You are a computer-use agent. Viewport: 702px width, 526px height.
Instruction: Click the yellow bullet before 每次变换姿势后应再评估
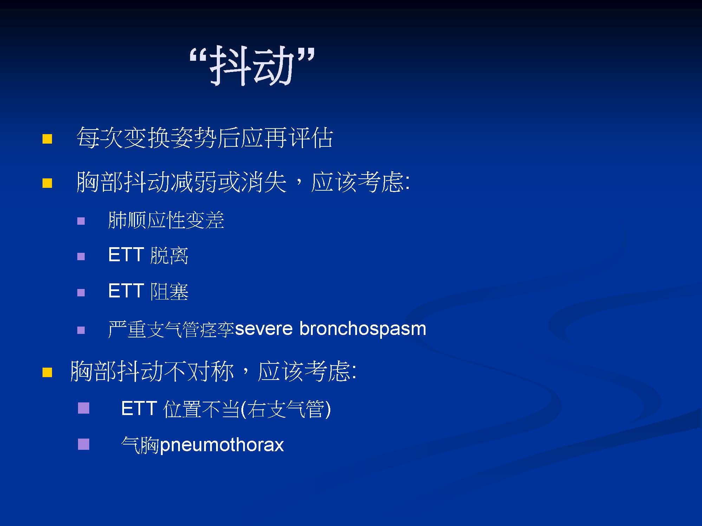(x=47, y=139)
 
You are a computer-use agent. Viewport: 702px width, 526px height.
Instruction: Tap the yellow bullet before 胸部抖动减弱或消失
(x=47, y=183)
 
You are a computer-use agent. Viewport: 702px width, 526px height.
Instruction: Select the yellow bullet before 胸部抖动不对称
(x=47, y=372)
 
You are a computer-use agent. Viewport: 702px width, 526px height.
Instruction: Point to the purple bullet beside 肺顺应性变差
(x=81, y=221)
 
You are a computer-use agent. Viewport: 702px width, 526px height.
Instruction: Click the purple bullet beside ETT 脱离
(x=81, y=256)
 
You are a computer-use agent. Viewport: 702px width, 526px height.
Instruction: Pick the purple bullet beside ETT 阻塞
(x=81, y=292)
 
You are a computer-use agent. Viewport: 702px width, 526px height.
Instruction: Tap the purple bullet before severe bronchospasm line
(x=81, y=330)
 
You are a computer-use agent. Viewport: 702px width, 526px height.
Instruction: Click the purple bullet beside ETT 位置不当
(x=84, y=408)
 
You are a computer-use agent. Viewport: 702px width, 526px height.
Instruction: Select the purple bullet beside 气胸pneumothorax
(x=84, y=444)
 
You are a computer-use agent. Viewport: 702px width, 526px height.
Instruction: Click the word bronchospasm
(x=363, y=329)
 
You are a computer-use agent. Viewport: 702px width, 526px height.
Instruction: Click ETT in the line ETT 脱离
(x=126, y=255)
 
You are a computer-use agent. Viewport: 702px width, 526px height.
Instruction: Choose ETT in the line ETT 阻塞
(x=126, y=291)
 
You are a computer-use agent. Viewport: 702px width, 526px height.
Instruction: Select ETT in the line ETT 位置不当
(x=139, y=408)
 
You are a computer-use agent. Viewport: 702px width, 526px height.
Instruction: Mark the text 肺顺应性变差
(x=166, y=220)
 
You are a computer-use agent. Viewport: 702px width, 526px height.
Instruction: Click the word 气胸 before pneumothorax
(x=140, y=445)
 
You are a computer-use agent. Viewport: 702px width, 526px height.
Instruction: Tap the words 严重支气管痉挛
(x=171, y=329)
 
